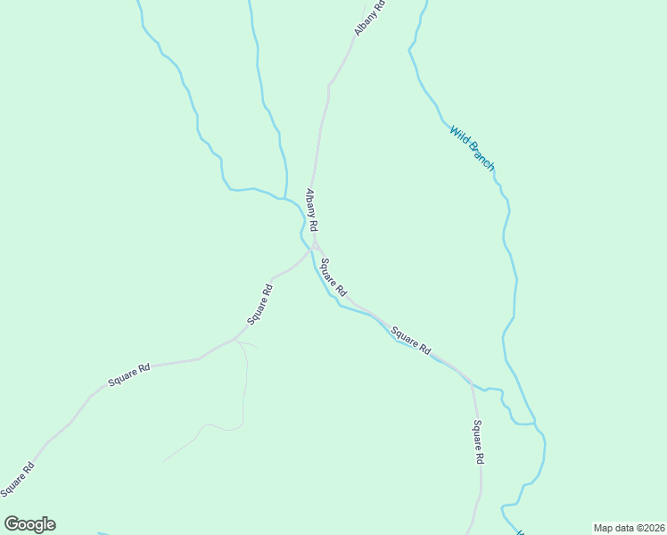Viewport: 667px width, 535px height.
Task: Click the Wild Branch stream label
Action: click(x=472, y=148)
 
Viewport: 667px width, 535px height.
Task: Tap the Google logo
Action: click(x=29, y=524)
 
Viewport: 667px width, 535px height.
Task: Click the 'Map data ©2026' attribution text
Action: click(x=629, y=528)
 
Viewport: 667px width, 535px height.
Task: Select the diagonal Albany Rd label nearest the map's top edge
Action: click(x=370, y=18)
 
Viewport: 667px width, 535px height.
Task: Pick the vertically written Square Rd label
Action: click(x=478, y=441)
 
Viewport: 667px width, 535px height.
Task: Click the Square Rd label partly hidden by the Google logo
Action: click(x=18, y=480)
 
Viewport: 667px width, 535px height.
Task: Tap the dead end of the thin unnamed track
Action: click(x=163, y=461)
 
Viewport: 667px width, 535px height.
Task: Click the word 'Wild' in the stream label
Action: click(x=458, y=135)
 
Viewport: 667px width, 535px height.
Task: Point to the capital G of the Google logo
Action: click(x=12, y=524)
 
